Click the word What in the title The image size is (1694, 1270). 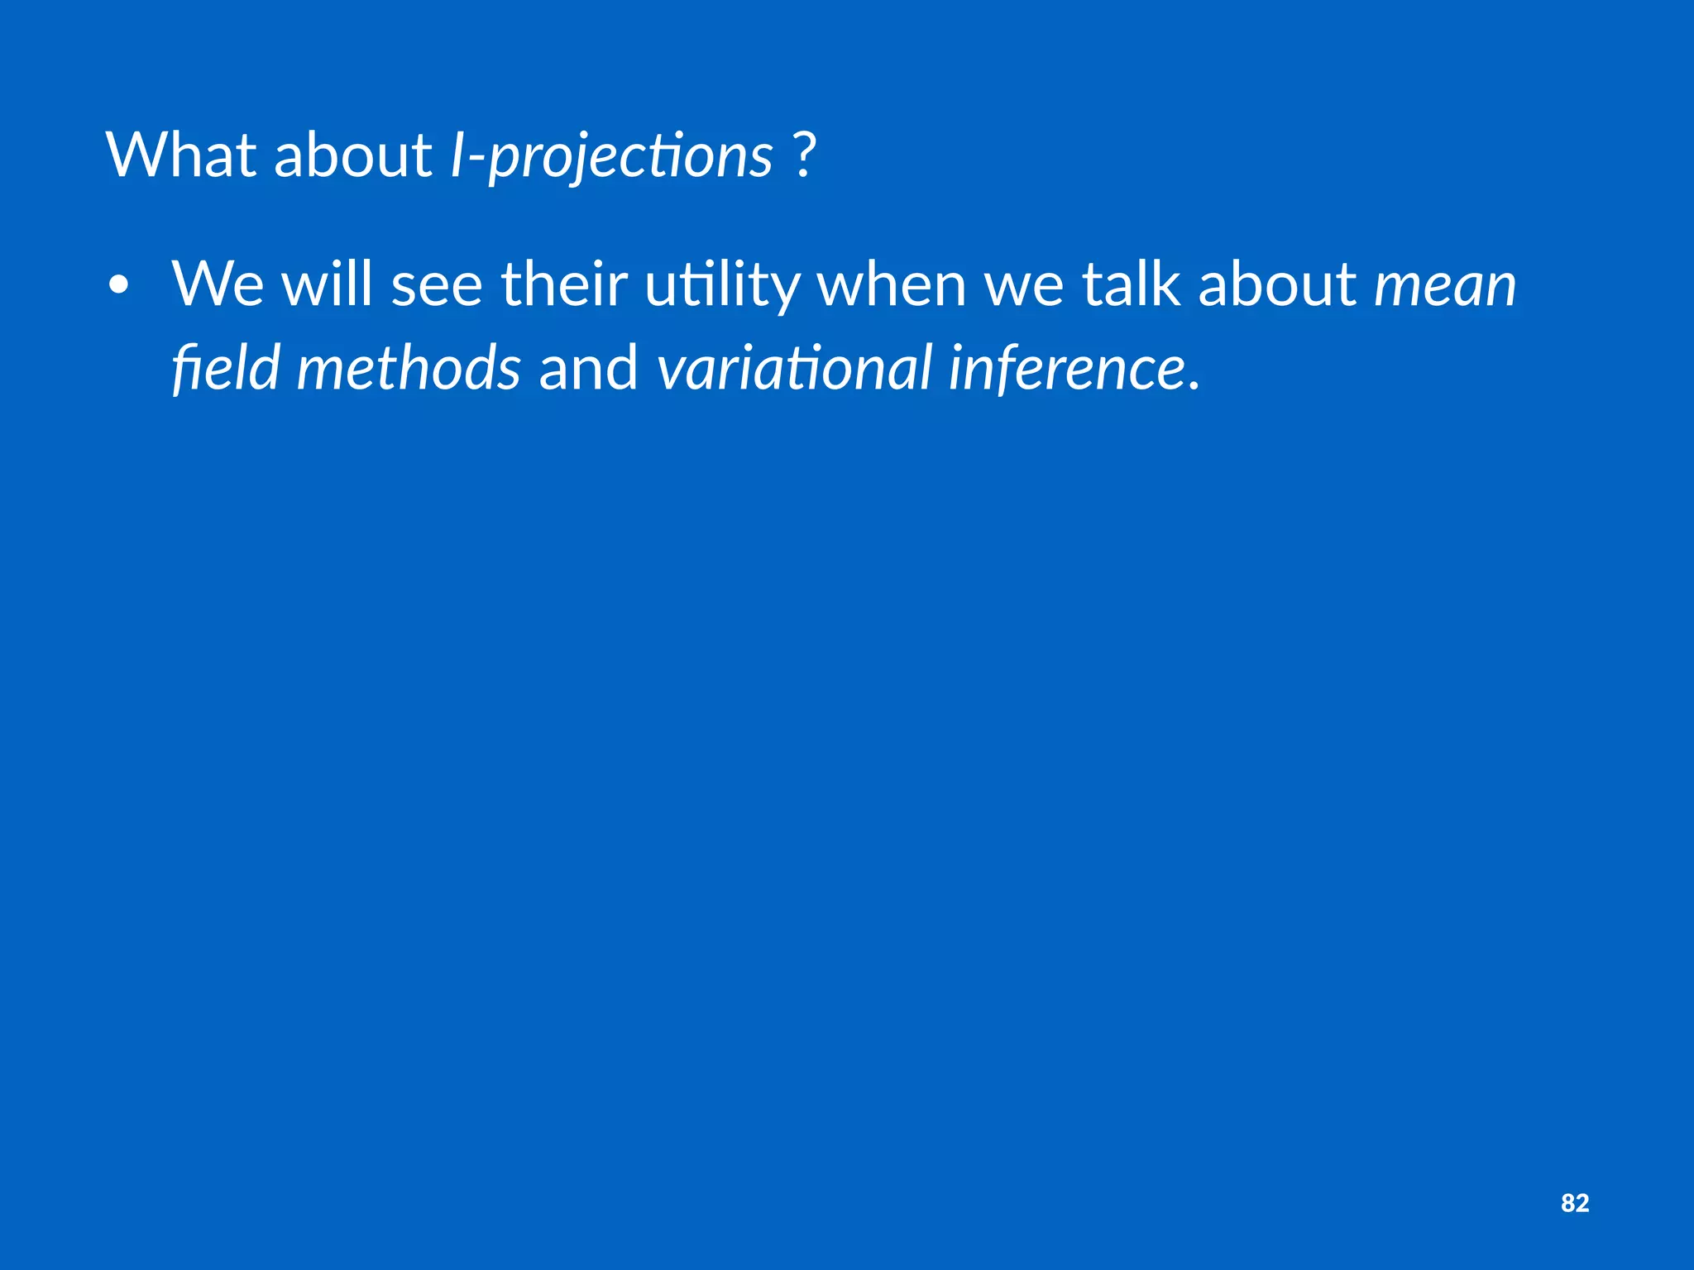[181, 155]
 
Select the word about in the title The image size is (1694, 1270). [352, 155]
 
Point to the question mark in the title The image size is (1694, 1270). [803, 155]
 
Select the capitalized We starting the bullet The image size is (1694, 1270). [218, 284]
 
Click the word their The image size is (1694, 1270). [564, 284]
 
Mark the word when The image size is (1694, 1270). [892, 284]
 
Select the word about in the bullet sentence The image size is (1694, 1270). [1277, 284]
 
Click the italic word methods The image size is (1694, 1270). [409, 368]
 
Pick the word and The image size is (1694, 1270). [588, 368]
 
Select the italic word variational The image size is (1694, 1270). [795, 368]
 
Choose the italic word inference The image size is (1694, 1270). [1068, 368]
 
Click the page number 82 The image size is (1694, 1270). [1575, 1203]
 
